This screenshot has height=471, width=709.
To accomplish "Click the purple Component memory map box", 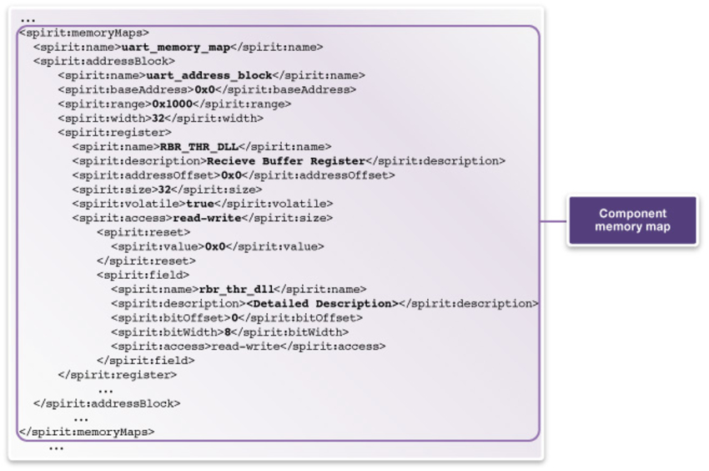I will pos(632,220).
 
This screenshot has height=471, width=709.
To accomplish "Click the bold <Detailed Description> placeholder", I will pos(321,303).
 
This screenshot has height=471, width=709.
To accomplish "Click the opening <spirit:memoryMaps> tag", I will pos(83,33).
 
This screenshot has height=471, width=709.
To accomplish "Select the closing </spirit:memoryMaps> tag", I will pos(86,432).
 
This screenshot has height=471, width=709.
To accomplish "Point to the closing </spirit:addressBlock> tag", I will pos(107,403).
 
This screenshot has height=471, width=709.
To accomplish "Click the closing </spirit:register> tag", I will pos(118,375).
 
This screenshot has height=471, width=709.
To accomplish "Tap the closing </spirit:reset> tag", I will pos(146,261).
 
